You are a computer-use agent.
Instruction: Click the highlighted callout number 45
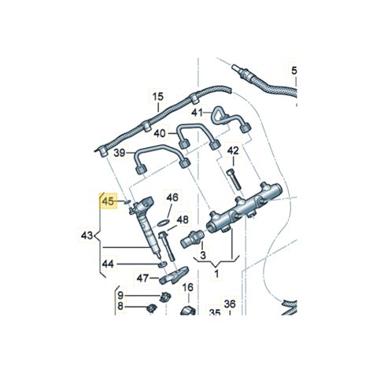click(109, 201)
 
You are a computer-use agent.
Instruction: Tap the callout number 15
click(158, 96)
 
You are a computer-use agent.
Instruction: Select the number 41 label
click(197, 113)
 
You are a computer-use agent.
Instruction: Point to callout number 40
click(160, 134)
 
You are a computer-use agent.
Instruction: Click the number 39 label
click(120, 153)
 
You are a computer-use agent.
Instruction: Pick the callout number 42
click(233, 151)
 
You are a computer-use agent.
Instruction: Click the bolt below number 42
click(233, 179)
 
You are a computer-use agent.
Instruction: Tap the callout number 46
click(172, 198)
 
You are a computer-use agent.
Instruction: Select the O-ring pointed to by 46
click(163, 223)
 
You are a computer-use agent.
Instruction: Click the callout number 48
click(183, 220)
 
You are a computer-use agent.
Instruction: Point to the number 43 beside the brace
click(87, 235)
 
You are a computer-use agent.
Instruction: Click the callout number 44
click(108, 264)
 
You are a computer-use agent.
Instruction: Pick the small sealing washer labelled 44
click(162, 264)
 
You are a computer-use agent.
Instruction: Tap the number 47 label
click(142, 279)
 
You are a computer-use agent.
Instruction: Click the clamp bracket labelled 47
click(174, 275)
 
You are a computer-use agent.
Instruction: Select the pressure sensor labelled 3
click(192, 238)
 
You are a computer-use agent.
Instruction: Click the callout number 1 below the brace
click(216, 274)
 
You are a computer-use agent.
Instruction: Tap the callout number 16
click(188, 287)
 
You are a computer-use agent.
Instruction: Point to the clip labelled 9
click(165, 297)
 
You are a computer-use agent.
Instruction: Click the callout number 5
click(294, 71)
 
